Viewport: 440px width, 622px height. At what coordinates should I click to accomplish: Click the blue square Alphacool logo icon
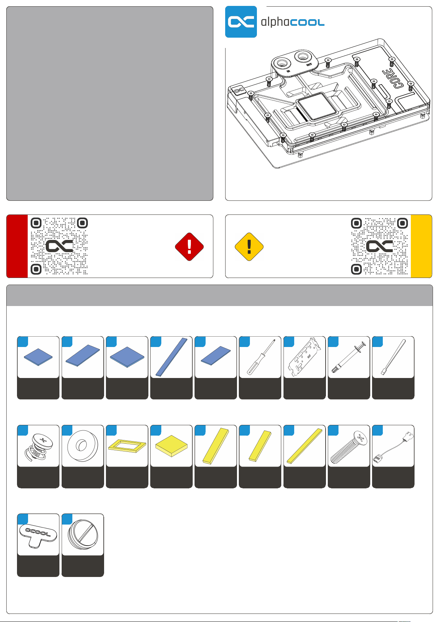click(241, 22)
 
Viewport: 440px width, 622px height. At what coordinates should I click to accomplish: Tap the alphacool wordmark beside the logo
click(292, 22)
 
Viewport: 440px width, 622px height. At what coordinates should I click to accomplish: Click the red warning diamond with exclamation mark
click(189, 247)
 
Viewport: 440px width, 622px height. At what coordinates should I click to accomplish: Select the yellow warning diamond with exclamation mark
click(249, 247)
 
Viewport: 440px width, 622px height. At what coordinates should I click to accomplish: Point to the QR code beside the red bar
click(59, 246)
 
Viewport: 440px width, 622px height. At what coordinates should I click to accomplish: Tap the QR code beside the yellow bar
click(379, 246)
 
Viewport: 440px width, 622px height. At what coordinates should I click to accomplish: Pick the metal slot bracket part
click(304, 357)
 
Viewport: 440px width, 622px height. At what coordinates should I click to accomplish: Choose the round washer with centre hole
click(83, 446)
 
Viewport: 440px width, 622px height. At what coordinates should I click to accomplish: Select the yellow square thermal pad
click(171, 446)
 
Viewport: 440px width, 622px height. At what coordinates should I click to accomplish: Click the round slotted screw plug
click(83, 534)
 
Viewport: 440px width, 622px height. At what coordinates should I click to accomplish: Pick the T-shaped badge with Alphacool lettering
click(38, 534)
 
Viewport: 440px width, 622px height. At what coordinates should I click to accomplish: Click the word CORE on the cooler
click(397, 79)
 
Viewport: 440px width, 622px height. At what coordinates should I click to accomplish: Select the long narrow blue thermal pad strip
click(171, 357)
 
